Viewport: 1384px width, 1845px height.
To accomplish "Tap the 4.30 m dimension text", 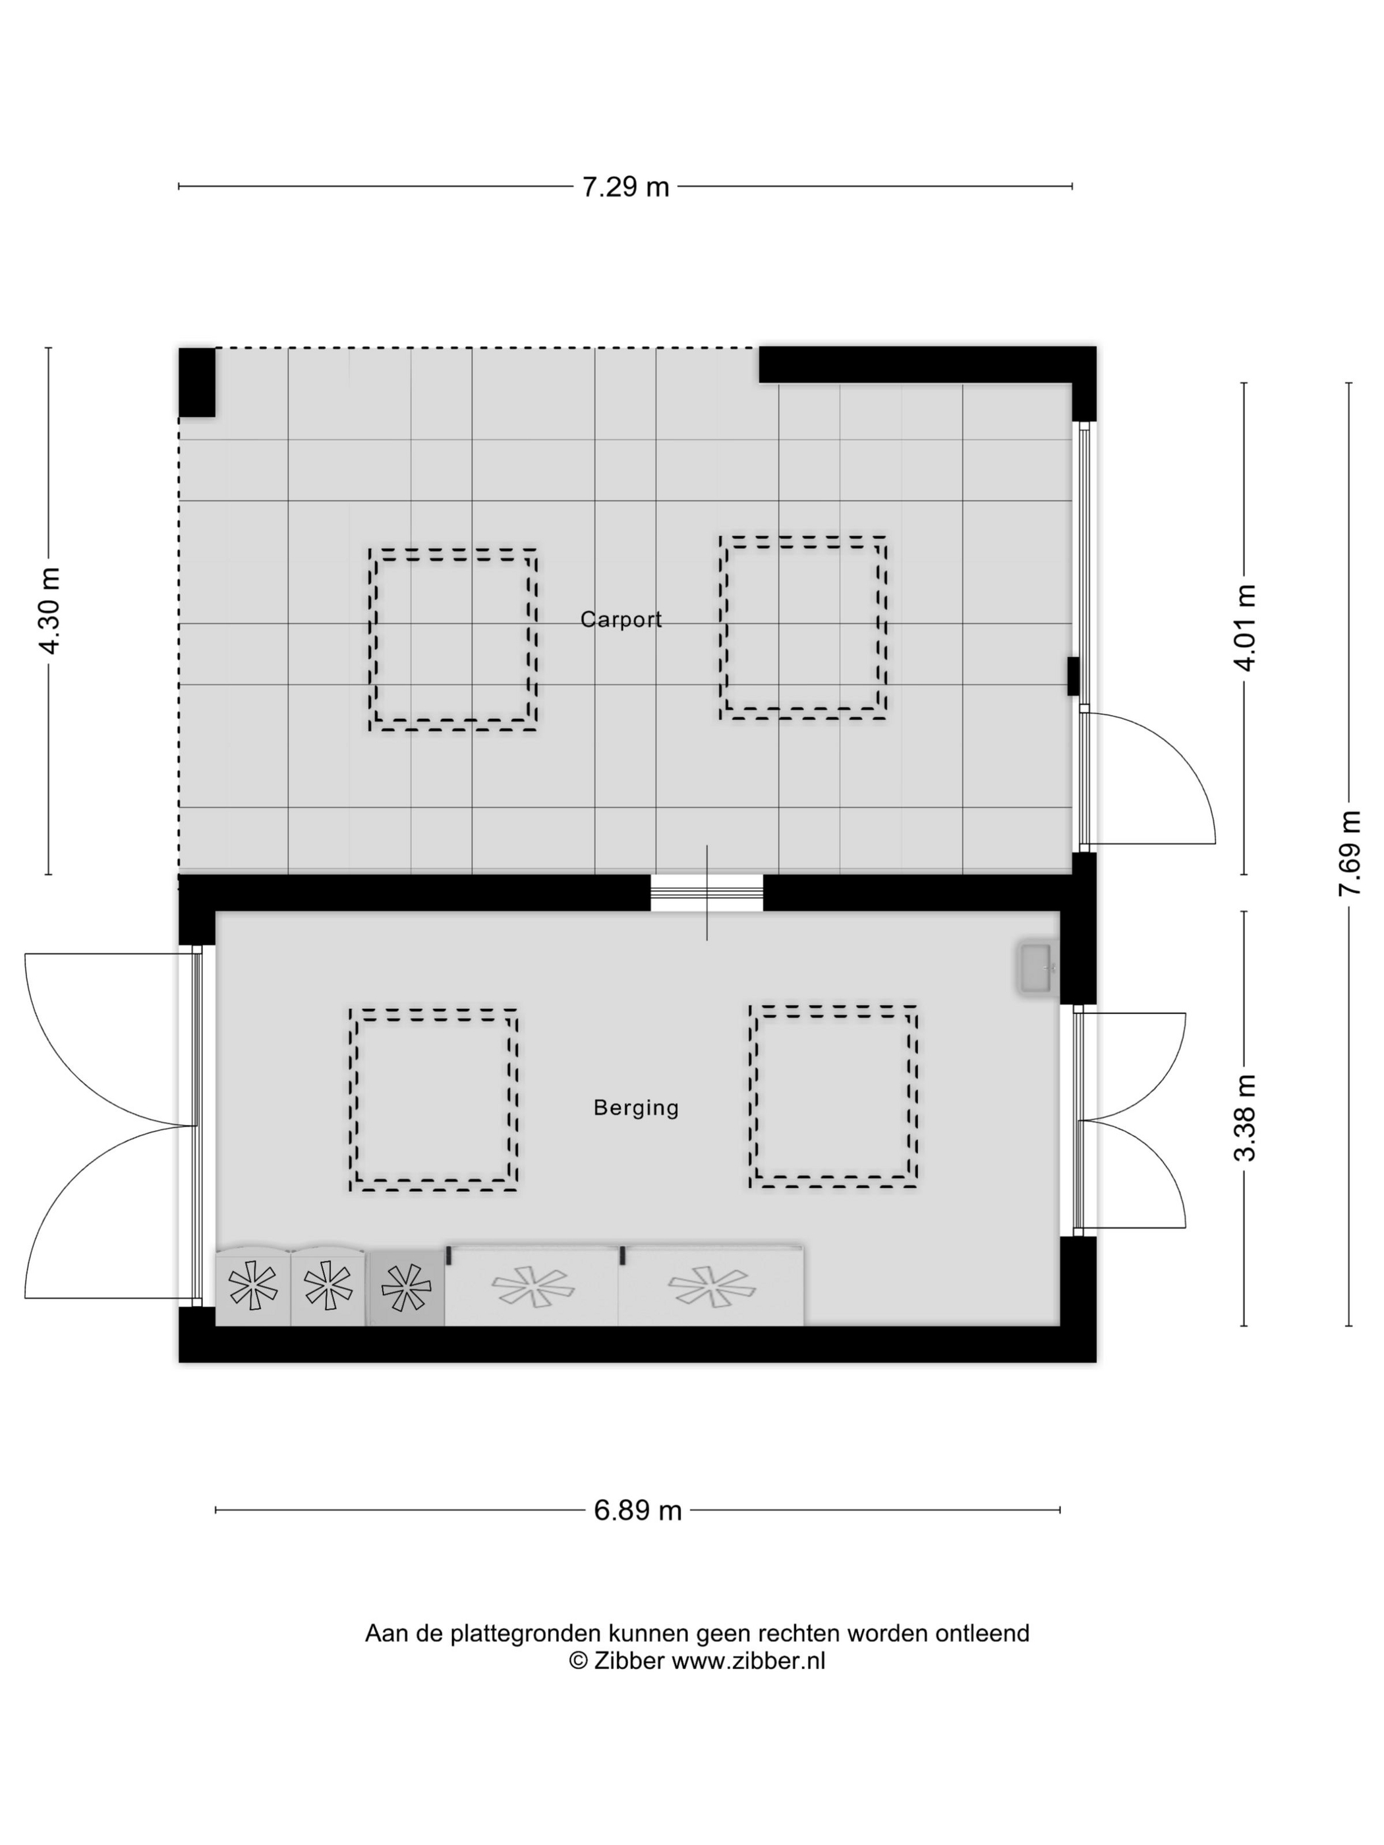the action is coord(50,611).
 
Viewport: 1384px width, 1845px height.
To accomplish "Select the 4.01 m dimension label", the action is coord(1245,627).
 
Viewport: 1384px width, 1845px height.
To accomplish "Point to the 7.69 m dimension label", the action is coord(1349,853).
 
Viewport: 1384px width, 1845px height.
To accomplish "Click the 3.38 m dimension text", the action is coord(1245,1118).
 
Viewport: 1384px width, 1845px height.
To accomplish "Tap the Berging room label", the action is coord(636,1108).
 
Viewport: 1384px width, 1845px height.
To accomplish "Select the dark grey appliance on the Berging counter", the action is coord(406,1287).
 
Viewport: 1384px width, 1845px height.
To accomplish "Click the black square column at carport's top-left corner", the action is coord(197,382).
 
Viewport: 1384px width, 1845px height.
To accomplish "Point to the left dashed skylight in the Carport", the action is coord(452,640).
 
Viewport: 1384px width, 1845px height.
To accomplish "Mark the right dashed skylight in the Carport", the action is coord(803,628).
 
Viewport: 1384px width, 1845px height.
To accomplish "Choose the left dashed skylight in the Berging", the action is coord(433,1099).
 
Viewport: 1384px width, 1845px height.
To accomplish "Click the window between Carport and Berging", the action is coord(706,892).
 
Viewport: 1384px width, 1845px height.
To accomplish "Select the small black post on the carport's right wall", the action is coord(1074,675).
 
